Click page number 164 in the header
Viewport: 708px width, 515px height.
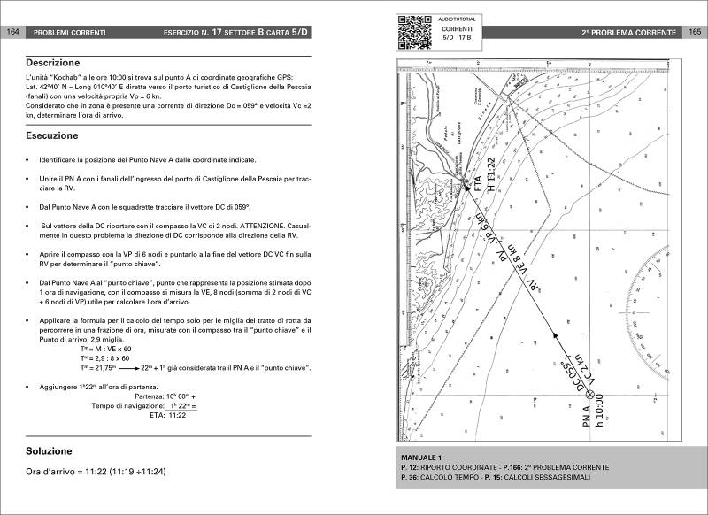(x=12, y=33)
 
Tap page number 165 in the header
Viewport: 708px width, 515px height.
(x=695, y=33)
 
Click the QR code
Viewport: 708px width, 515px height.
(x=413, y=31)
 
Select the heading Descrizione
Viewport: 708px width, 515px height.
(x=52, y=64)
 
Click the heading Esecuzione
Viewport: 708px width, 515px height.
(x=51, y=136)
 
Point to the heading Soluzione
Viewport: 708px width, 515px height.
(x=49, y=450)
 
